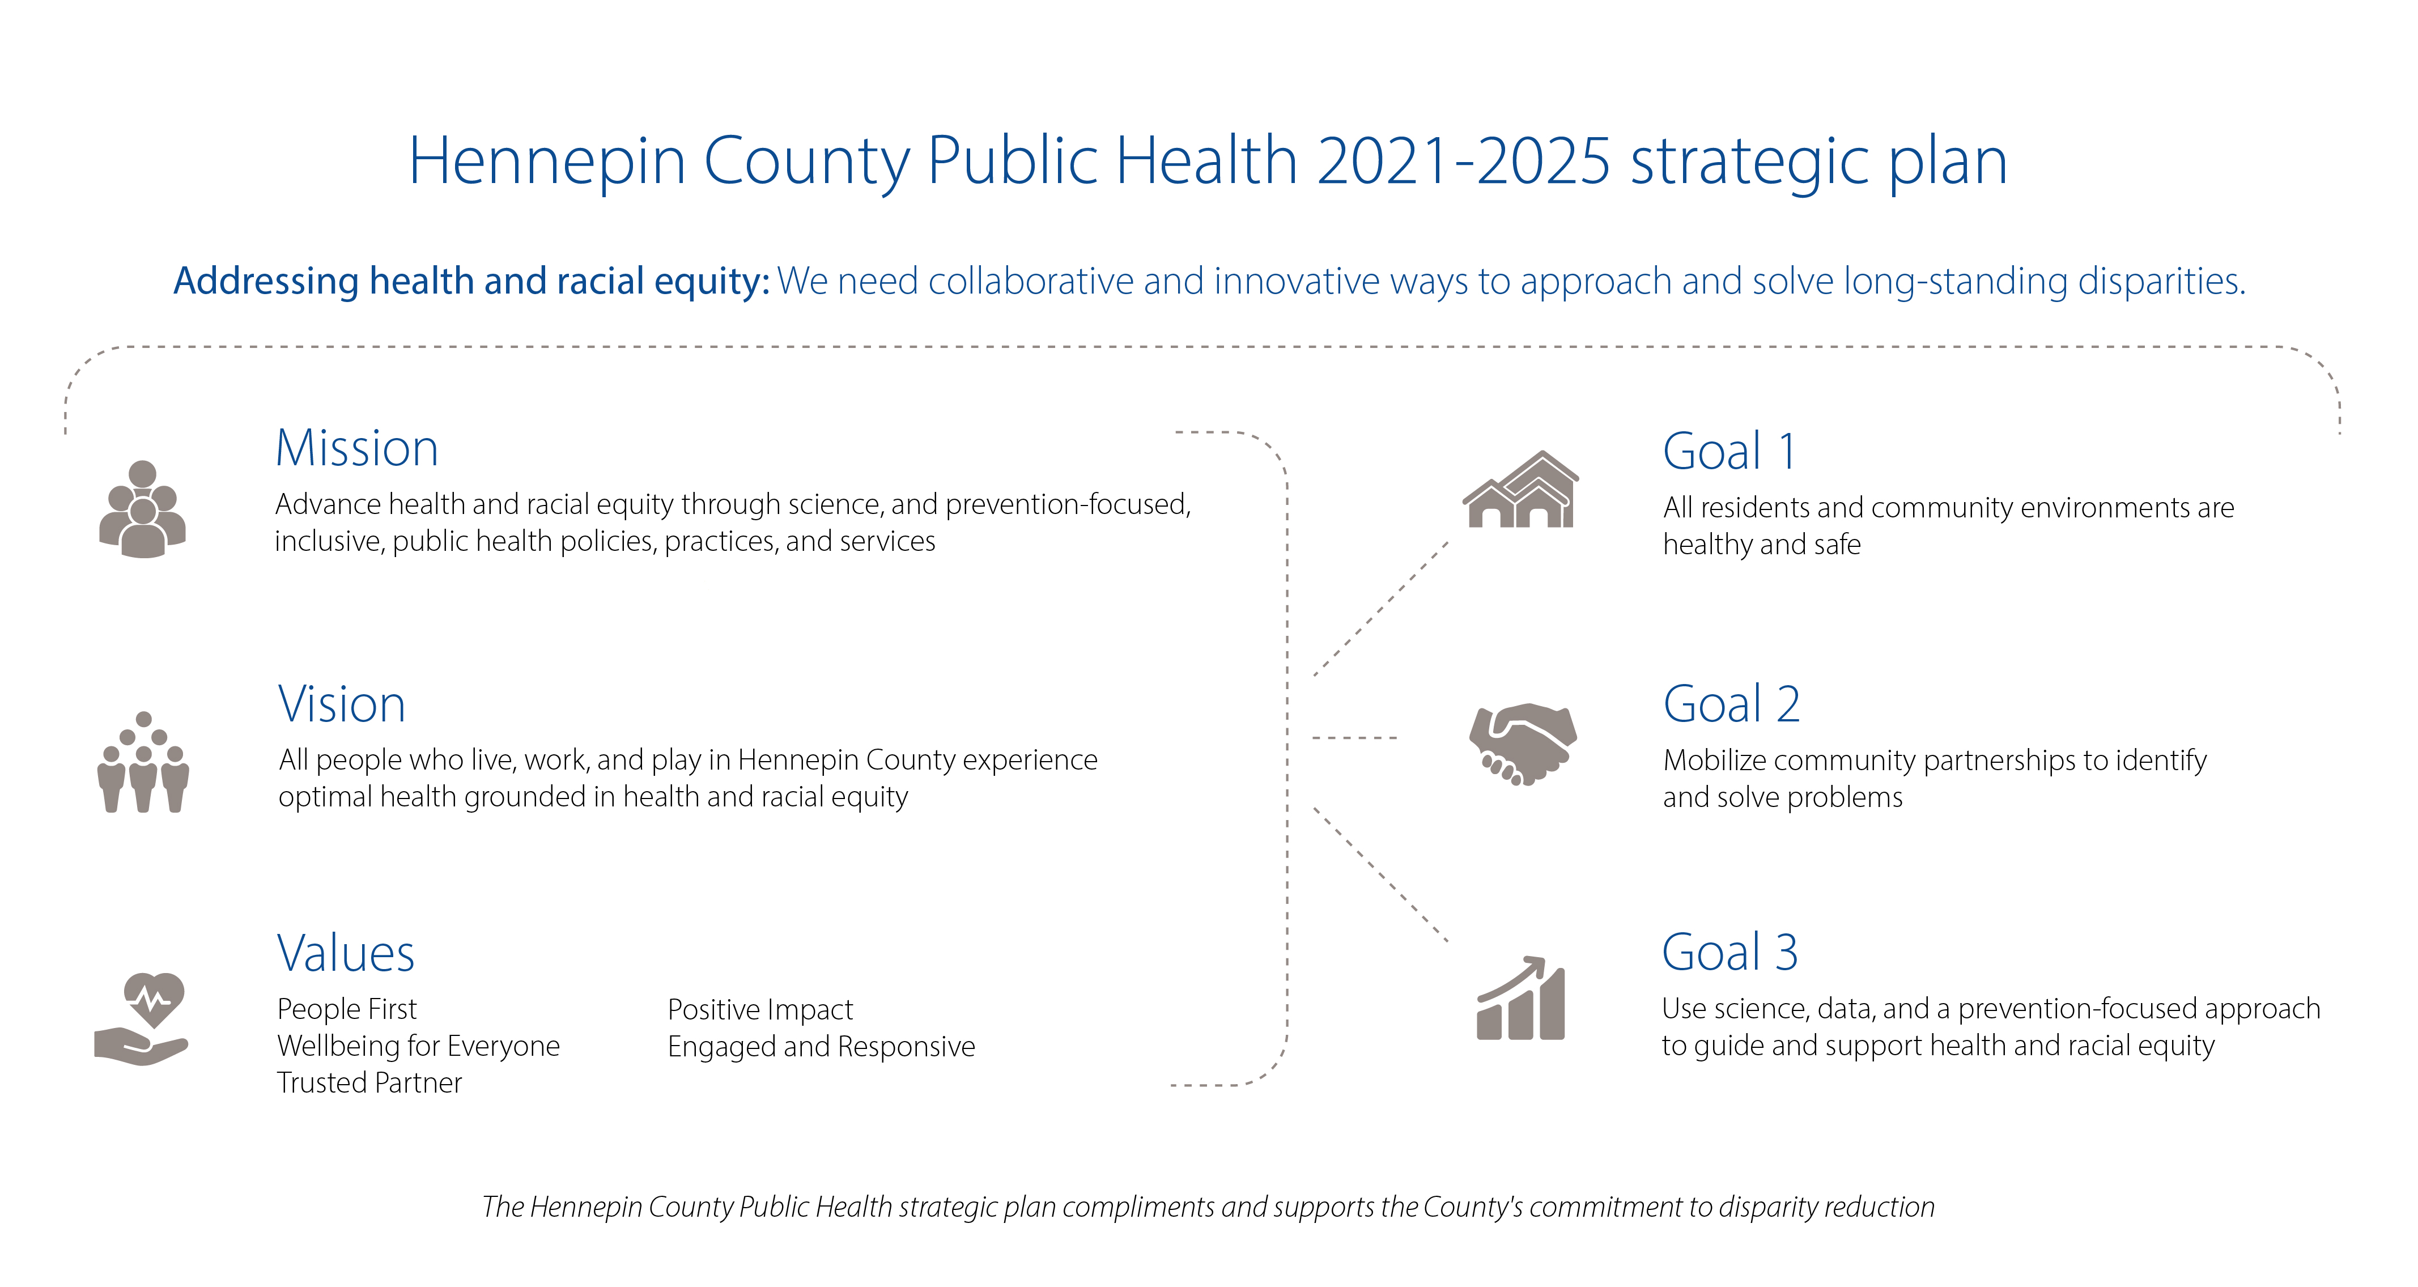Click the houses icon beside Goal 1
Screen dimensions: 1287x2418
point(1520,490)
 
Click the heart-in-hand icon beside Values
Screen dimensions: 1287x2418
point(142,1018)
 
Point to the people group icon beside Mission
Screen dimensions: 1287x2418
point(143,509)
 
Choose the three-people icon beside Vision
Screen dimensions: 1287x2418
point(143,762)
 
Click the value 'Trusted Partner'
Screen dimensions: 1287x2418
point(369,1082)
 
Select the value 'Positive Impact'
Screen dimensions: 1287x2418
point(759,1009)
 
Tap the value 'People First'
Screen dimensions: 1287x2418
point(346,1009)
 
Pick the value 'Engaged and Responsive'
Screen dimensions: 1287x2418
point(821,1046)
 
